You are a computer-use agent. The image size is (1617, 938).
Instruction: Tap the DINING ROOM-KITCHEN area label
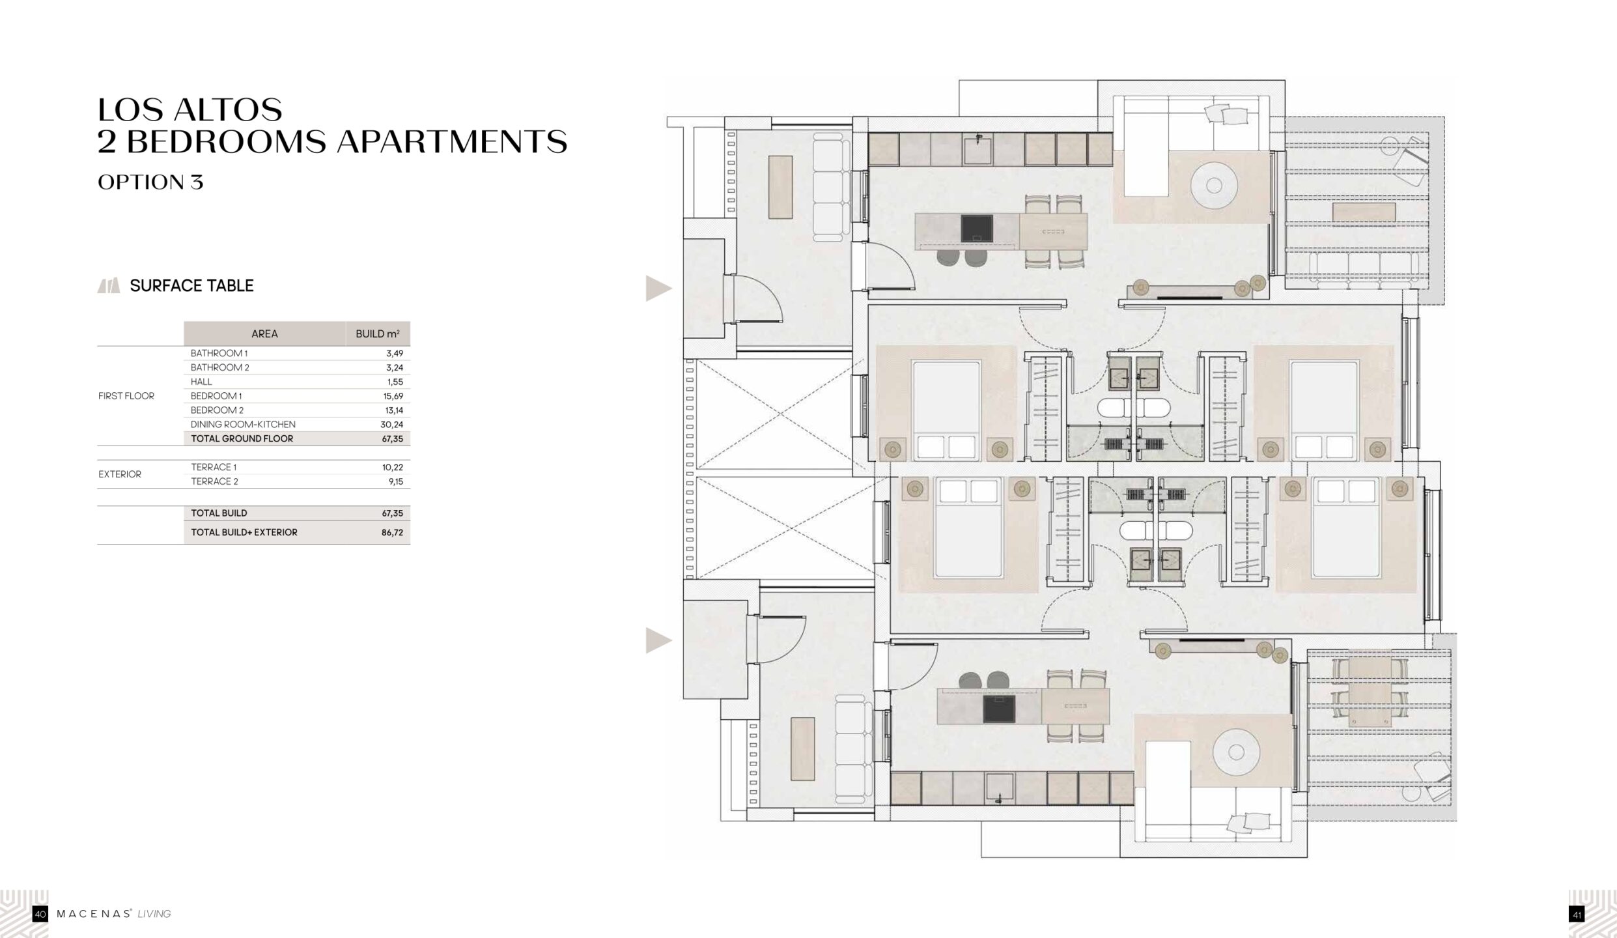click(x=243, y=425)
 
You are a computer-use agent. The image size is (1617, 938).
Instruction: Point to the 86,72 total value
click(x=392, y=532)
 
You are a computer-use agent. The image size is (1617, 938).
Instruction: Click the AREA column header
click(x=264, y=334)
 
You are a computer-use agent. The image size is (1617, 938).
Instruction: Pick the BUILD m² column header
click(x=378, y=334)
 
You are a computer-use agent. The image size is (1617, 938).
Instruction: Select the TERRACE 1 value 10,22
click(x=393, y=467)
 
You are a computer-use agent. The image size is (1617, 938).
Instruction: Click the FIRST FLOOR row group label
click(x=126, y=396)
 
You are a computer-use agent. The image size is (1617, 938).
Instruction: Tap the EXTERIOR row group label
click(x=120, y=474)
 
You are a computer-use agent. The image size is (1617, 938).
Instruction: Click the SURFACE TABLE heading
click(x=191, y=285)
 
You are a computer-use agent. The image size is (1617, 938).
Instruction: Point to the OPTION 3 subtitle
click(x=150, y=182)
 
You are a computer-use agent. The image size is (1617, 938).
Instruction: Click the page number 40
click(x=40, y=915)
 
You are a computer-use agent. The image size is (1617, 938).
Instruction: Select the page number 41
click(x=1577, y=915)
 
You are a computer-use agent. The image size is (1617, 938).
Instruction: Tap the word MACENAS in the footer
click(x=94, y=915)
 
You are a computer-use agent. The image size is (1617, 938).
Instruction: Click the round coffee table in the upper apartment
click(x=1214, y=186)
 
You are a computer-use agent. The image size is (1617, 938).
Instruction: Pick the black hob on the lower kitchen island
click(x=999, y=709)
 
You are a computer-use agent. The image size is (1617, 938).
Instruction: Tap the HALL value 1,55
click(x=395, y=382)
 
